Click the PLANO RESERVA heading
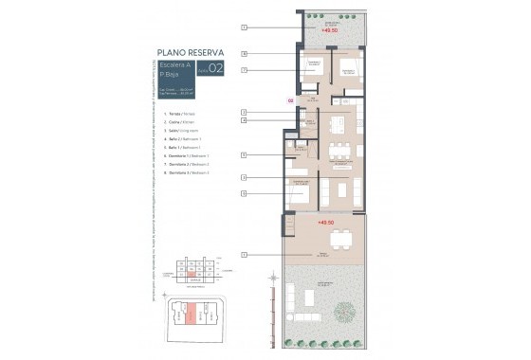[x=190, y=54]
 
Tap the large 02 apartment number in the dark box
[x=215, y=68]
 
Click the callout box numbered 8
[x=244, y=53]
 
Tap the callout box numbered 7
[x=244, y=70]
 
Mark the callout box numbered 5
[x=244, y=154]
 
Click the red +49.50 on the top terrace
[x=330, y=31]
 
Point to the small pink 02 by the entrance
[x=290, y=99]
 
